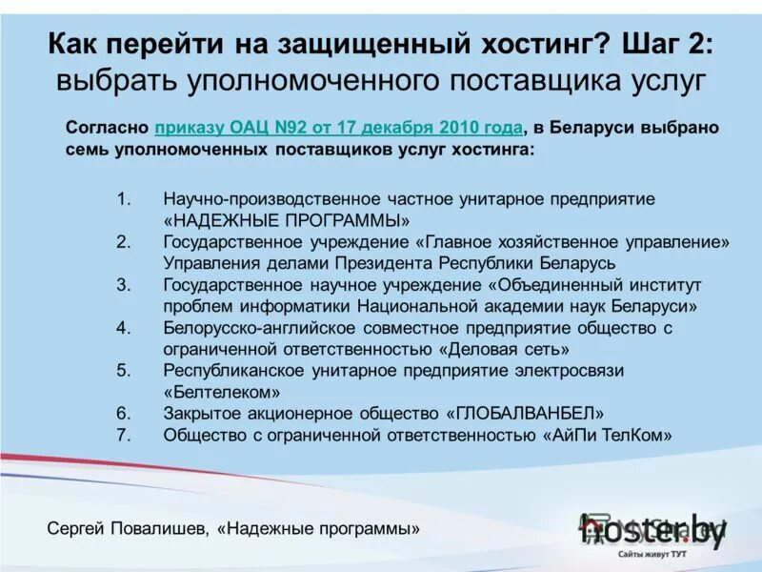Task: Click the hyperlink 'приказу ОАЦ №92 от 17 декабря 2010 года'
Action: [338, 128]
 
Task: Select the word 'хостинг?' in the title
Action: [545, 43]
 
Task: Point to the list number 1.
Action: [123, 199]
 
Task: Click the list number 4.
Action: [123, 328]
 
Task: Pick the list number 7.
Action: [123, 435]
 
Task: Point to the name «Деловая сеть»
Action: [505, 349]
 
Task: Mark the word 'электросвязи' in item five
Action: [570, 370]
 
